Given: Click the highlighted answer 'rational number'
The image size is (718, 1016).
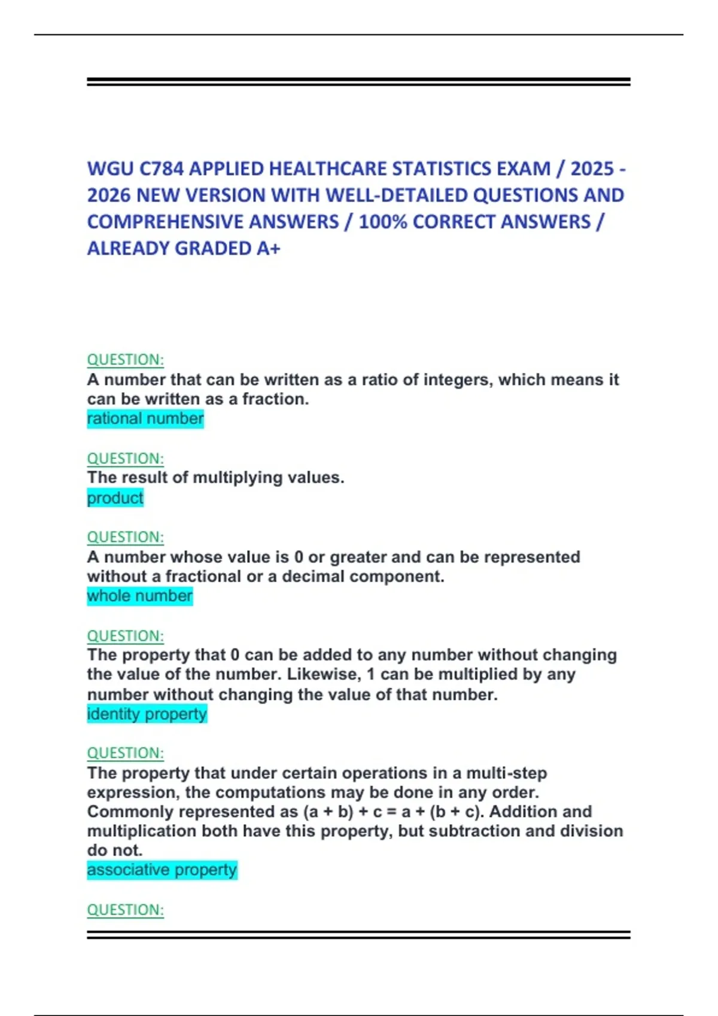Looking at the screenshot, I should [145, 418].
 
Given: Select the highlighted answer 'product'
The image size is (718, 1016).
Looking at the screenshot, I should [115, 498].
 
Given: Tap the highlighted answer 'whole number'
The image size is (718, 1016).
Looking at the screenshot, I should [139, 596].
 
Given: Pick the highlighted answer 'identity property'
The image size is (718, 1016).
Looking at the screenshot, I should [147, 714].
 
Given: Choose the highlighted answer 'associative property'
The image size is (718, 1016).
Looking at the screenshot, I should [162, 870].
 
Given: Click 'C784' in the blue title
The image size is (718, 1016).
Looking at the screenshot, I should [162, 169].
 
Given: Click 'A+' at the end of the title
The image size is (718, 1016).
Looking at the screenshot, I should [268, 248].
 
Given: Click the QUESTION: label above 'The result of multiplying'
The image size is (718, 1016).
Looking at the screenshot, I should [125, 458].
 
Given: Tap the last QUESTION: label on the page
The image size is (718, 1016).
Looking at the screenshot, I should [125, 910].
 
